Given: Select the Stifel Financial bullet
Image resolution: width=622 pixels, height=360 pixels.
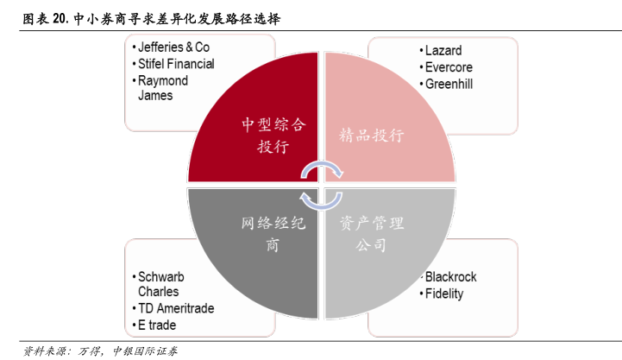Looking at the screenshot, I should (176, 63).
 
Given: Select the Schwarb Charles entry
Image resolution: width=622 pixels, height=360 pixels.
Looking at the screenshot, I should (161, 284).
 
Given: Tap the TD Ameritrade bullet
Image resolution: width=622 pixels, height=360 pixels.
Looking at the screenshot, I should (176, 308).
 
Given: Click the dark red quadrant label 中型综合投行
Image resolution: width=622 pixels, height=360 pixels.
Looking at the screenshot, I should (273, 136).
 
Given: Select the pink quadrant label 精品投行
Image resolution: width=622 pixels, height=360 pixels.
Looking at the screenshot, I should (372, 136).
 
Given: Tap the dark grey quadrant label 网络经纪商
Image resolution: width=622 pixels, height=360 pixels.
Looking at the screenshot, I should (273, 234).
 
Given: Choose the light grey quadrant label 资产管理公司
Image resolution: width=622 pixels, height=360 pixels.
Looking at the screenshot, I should (372, 234).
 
